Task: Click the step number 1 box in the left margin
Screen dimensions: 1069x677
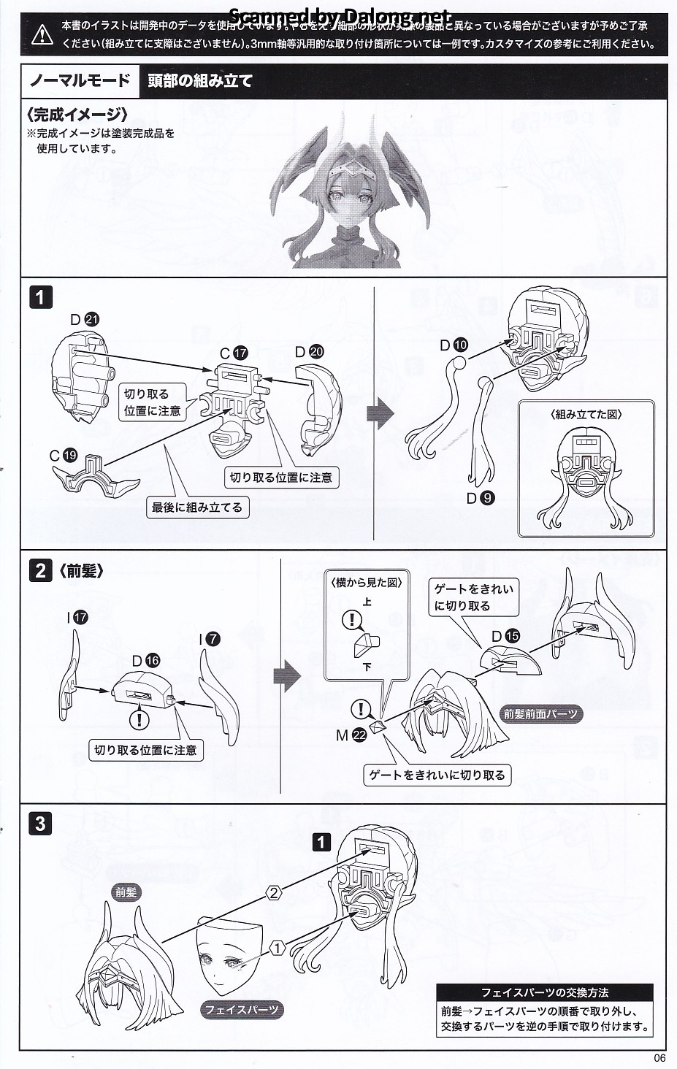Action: [40, 298]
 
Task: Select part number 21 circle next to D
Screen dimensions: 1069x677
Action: [91, 319]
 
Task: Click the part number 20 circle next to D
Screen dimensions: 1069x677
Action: [316, 352]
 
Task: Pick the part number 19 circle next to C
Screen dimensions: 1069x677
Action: [70, 456]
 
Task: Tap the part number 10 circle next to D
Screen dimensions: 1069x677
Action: [460, 345]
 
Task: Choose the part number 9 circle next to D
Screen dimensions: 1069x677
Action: [487, 498]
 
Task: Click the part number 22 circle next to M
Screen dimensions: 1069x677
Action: [359, 736]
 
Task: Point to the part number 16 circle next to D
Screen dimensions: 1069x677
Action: [152, 661]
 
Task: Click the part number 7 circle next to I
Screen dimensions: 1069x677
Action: [213, 639]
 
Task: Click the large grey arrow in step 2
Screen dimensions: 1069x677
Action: [287, 674]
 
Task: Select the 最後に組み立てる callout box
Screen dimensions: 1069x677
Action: [197, 507]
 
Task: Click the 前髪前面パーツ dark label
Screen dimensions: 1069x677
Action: [541, 714]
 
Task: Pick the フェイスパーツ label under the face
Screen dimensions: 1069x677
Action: [241, 1010]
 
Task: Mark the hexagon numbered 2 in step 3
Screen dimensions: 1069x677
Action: [273, 893]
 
